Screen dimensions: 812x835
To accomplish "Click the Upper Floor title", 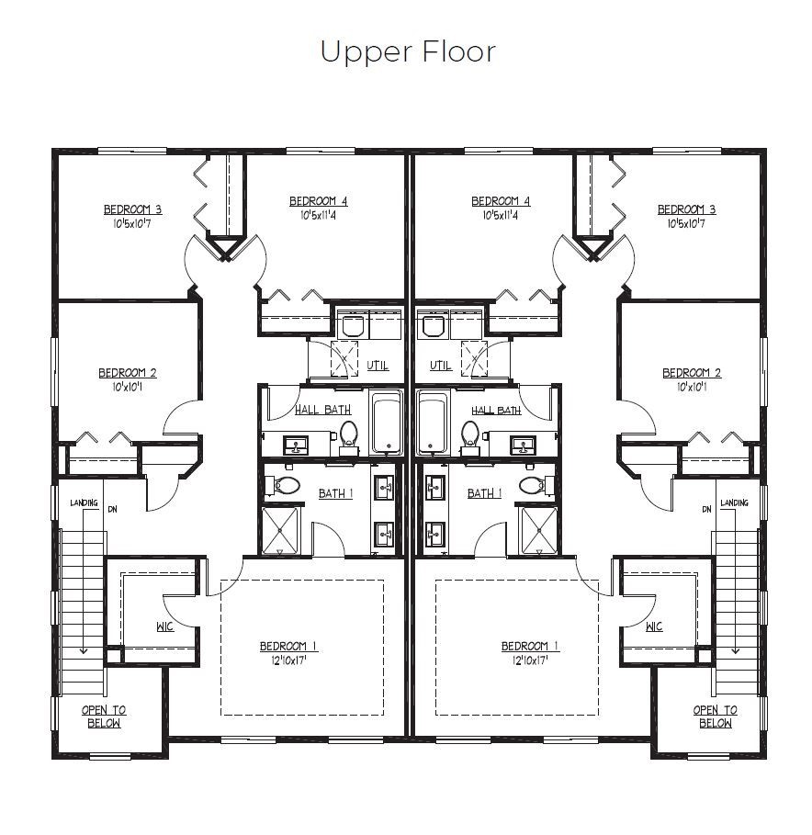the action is coord(408,52).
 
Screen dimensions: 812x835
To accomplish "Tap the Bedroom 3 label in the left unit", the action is coord(132,209).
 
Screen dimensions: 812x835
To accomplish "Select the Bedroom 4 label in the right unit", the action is coord(501,201).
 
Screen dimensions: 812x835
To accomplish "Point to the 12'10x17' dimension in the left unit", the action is coord(288,660).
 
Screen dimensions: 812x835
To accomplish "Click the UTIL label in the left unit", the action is coord(378,366).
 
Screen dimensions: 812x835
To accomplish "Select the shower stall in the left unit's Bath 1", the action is coord(280,531).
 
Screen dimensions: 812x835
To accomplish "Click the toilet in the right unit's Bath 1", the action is coord(536,485).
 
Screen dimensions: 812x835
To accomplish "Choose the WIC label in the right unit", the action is coord(654,626).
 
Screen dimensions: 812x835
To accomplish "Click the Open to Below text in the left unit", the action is coord(104,717).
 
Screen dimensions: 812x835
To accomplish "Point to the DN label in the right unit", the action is coord(706,510).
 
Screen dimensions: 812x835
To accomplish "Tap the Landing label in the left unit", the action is coord(85,502).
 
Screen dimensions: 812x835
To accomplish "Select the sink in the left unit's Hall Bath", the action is coord(296,446).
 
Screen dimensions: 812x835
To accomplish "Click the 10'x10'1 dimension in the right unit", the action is coord(692,387).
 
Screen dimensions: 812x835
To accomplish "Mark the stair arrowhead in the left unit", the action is coord(83,649).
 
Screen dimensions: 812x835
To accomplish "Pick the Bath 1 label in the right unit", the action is coord(485,493).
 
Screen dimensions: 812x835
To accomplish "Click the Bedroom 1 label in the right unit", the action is coord(530,646).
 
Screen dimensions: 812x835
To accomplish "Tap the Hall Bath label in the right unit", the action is coord(496,410).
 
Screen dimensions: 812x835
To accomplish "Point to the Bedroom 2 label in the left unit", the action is coord(128,373).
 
